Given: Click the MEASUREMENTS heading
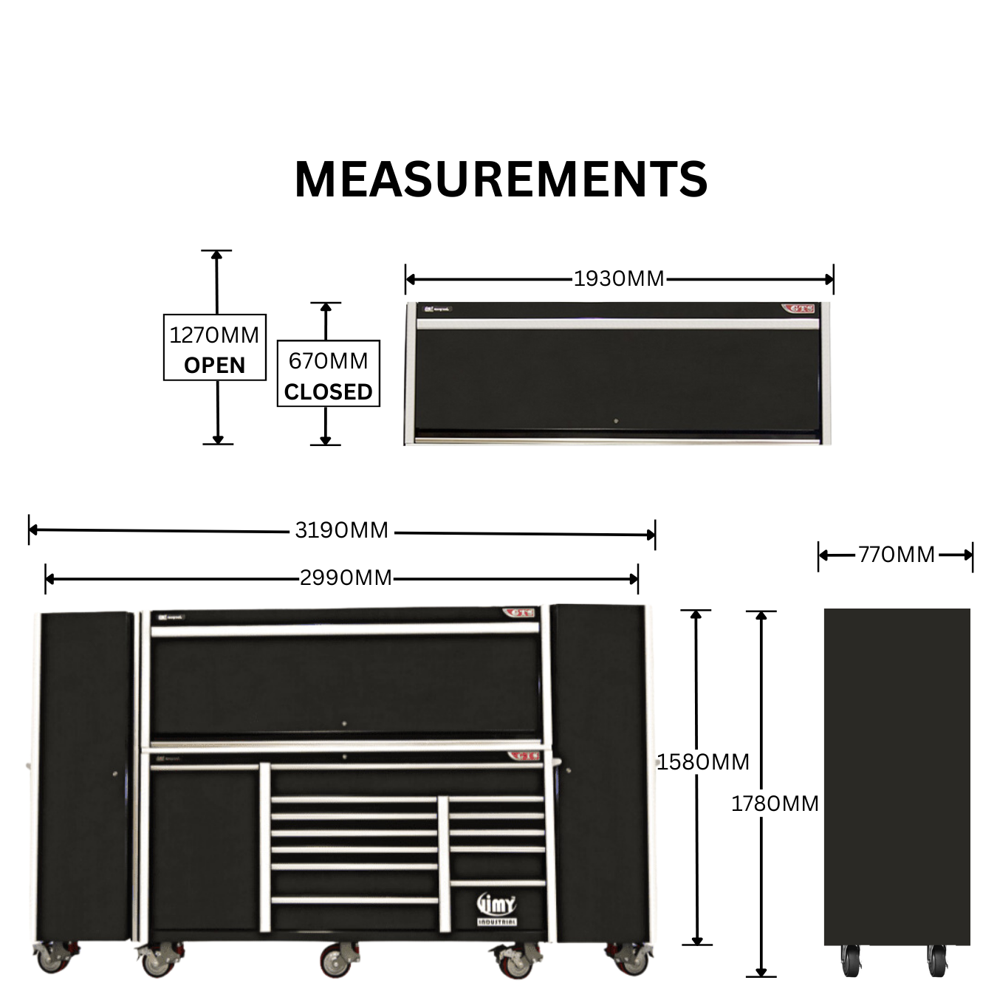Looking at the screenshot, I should coord(501,179).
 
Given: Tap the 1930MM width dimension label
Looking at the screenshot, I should coord(619,279).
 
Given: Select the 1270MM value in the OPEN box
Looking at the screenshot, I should coord(214,335).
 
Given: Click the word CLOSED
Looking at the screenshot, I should coord(329,391).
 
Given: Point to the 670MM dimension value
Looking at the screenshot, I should coord(329,361).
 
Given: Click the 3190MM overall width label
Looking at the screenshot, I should coord(341,530).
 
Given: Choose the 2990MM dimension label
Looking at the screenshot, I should coord(346,578).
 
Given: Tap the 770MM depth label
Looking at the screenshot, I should coord(897,555).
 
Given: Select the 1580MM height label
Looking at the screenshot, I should coord(703,762).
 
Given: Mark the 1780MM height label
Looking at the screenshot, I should coord(775,804).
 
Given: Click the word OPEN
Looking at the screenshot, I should coord(214,366).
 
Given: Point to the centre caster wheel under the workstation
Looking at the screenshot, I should coord(335,962).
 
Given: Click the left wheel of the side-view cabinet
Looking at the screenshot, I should coord(851,961).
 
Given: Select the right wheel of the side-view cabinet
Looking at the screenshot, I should coord(937,961).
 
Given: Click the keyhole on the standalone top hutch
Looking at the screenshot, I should coord(616,422).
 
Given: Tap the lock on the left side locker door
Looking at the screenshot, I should coord(114,774).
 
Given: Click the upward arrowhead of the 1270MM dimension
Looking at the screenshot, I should coord(216,256).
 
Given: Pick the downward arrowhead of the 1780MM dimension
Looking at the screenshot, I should coord(761,972).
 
